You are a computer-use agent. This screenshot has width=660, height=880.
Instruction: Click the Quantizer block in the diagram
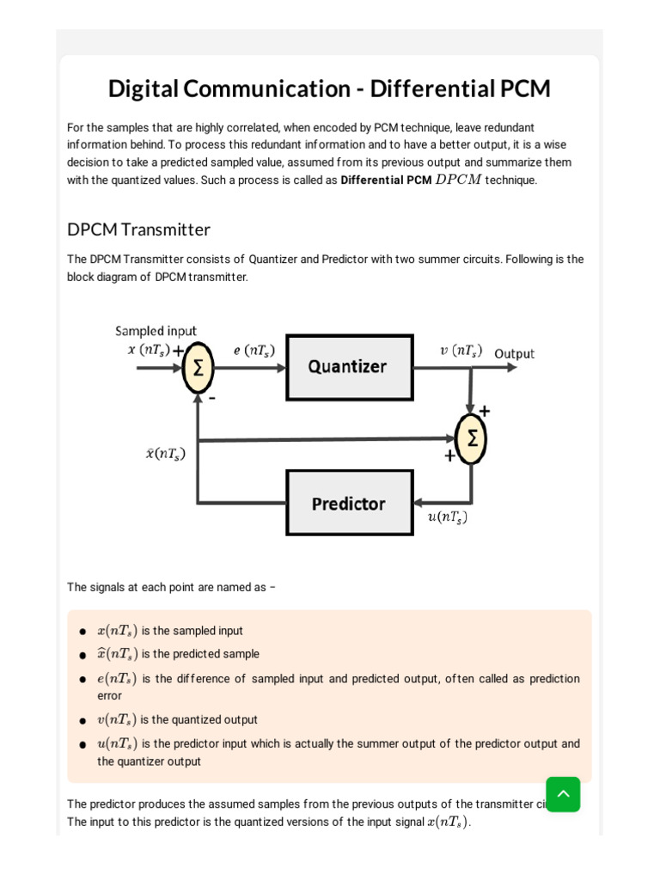(349, 367)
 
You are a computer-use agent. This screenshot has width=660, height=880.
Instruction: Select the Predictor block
(349, 504)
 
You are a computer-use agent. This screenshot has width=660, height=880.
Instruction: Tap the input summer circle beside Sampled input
(198, 368)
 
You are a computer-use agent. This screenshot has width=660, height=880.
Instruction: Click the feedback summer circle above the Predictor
(471, 437)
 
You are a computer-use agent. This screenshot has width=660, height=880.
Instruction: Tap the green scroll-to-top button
(563, 794)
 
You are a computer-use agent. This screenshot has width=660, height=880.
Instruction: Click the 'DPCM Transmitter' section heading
(138, 229)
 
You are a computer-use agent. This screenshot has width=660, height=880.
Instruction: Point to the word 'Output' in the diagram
(514, 354)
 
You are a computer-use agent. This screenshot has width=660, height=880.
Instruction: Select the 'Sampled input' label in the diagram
(156, 331)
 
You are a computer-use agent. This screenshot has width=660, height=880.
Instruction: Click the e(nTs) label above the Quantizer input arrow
(254, 351)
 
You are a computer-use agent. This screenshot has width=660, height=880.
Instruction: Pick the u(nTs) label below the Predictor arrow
(447, 517)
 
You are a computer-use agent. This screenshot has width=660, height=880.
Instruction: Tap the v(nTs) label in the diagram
(461, 351)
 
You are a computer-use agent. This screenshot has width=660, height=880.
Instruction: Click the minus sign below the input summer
(211, 398)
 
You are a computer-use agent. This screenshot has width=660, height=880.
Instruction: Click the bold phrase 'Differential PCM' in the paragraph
(386, 180)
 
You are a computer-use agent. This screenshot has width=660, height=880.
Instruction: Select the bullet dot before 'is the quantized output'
(82, 721)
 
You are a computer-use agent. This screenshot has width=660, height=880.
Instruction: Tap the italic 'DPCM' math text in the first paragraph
(458, 180)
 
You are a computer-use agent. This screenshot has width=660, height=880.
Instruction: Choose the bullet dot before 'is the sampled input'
(82, 632)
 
